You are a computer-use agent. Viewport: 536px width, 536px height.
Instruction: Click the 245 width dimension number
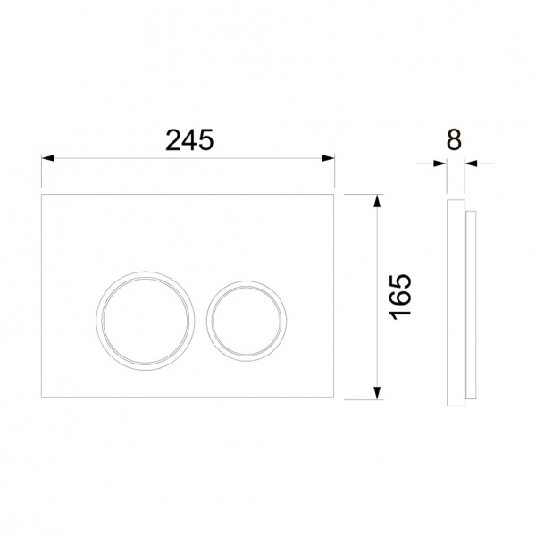click(189, 140)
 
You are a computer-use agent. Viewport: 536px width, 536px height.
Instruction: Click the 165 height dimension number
click(401, 297)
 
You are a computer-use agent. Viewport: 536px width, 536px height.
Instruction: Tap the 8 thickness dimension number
click(455, 139)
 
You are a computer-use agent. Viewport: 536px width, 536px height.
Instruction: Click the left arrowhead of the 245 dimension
click(48, 158)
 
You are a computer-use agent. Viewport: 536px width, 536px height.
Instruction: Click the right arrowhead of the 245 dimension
click(328, 158)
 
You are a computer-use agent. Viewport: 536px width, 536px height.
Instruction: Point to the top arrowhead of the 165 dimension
click(377, 201)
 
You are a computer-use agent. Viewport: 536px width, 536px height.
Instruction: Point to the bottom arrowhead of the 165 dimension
click(377, 392)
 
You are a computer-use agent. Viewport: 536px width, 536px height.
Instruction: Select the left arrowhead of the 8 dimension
click(440, 163)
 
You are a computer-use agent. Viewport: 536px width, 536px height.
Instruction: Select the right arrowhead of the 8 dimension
click(471, 163)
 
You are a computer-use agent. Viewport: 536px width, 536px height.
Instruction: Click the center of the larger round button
click(146, 321)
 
